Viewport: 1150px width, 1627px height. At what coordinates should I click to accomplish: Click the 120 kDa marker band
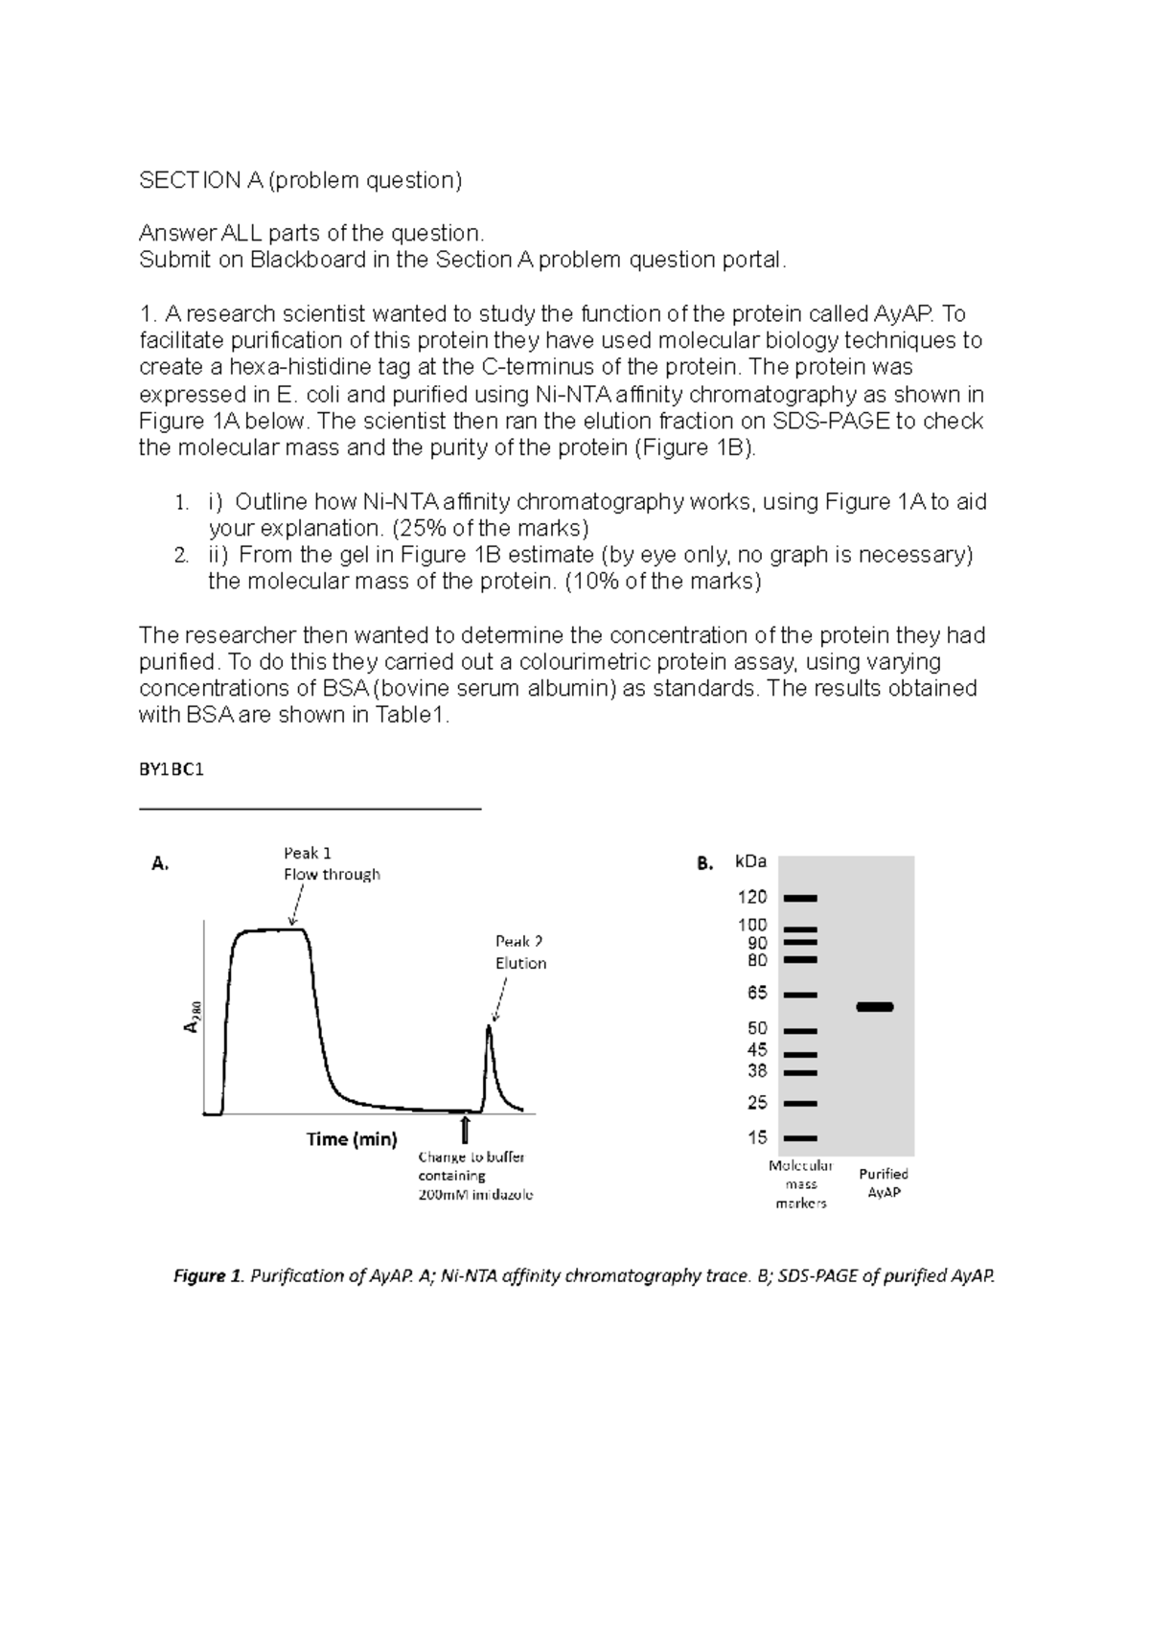(799, 899)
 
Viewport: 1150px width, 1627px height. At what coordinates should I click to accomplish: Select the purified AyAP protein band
(874, 1007)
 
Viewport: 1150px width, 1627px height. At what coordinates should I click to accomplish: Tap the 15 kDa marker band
(799, 1138)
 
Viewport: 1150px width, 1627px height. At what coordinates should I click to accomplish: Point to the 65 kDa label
(757, 994)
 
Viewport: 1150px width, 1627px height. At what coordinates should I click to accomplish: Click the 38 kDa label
(757, 1071)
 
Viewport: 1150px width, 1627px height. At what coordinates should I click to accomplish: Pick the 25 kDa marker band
(799, 1104)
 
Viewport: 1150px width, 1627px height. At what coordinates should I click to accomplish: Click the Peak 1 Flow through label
(331, 863)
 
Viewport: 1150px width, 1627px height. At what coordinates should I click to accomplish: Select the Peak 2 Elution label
(520, 952)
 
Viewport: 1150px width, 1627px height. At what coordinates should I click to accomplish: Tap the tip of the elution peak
(489, 1027)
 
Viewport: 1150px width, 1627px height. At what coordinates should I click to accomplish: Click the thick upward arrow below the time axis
(466, 1129)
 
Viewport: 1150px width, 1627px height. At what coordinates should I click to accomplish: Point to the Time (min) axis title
(351, 1139)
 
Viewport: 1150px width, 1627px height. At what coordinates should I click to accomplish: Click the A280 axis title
(192, 1018)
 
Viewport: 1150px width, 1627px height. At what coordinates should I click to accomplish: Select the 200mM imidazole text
(475, 1195)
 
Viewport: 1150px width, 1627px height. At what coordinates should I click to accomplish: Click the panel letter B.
(704, 863)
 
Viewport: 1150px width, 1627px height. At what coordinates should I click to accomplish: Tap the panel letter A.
(160, 863)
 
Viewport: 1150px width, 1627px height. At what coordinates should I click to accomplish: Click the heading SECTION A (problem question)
(300, 180)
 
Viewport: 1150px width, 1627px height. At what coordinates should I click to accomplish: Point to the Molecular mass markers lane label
(800, 1184)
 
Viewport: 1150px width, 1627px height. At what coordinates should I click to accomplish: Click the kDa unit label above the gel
(750, 861)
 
